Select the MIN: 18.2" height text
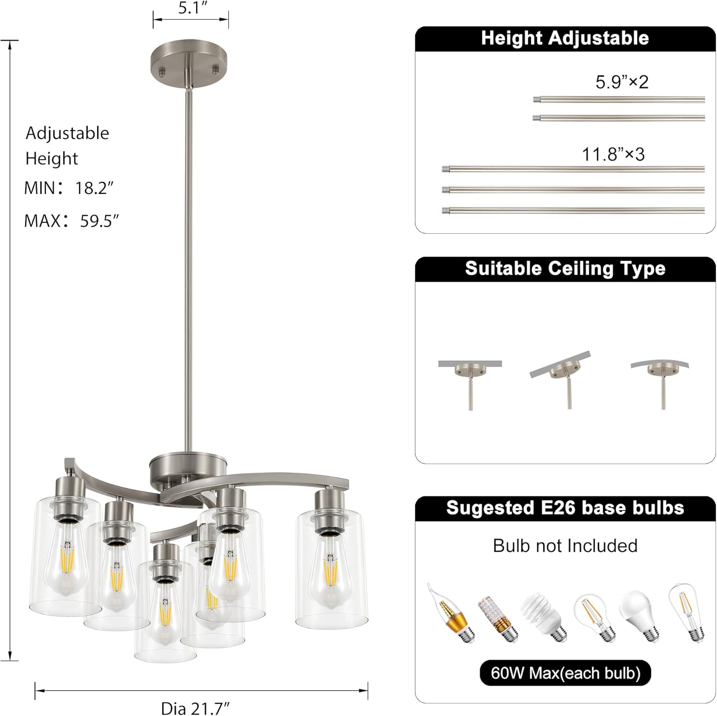pyautogui.click(x=69, y=188)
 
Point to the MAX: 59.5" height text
pyautogui.click(x=72, y=221)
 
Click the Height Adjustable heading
pyautogui.click(x=565, y=38)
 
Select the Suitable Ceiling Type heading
pyautogui.click(x=565, y=269)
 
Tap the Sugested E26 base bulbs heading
pyautogui.click(x=565, y=508)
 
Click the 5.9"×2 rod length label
pyautogui.click(x=621, y=82)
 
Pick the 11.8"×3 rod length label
pyautogui.click(x=613, y=154)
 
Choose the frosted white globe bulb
pyautogui.click(x=641, y=615)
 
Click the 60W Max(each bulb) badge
pyautogui.click(x=565, y=673)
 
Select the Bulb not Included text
pyautogui.click(x=565, y=546)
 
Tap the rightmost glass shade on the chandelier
pyautogui.click(x=332, y=569)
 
